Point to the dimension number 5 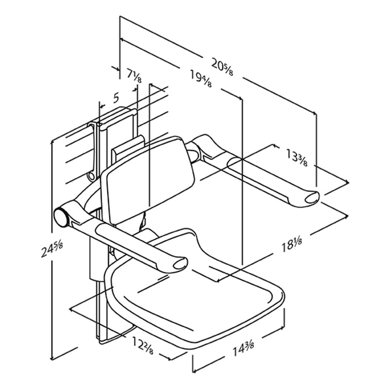tap(116, 97)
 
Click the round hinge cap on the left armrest tap(61, 216)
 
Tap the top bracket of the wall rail tap(117, 117)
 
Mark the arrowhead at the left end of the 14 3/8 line tap(194, 370)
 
